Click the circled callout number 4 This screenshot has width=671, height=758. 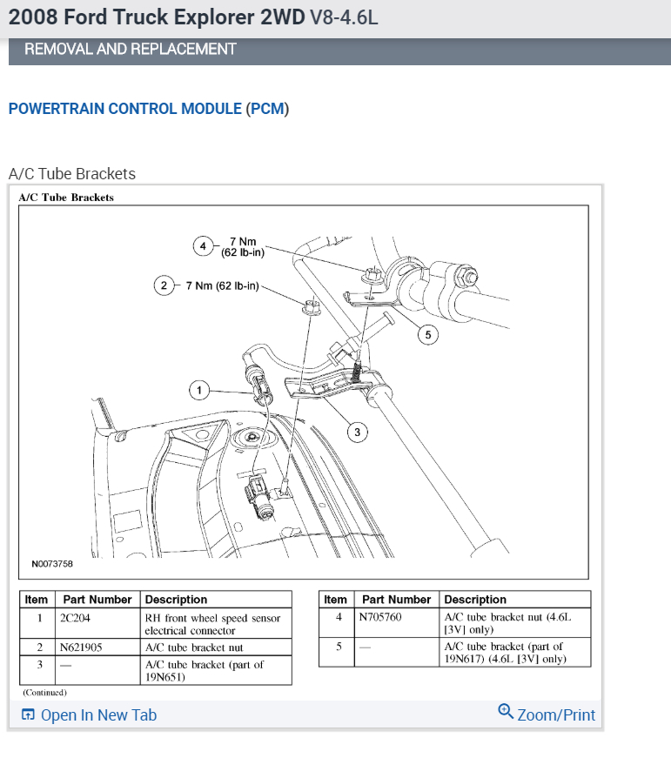click(x=203, y=246)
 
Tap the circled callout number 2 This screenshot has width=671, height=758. click(x=164, y=285)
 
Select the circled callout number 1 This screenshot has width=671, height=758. click(x=199, y=390)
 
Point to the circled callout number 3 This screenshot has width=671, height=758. click(x=356, y=431)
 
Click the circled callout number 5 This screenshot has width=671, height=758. click(x=427, y=333)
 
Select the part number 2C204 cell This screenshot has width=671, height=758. click(x=74, y=618)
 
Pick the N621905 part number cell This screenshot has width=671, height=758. click(x=82, y=647)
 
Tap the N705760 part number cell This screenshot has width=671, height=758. click(x=381, y=617)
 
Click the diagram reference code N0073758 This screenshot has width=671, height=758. click(x=52, y=564)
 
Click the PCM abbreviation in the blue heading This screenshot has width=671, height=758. click(x=267, y=109)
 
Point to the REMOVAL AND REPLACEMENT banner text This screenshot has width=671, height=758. click(x=130, y=50)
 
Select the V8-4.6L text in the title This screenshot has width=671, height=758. click(x=344, y=18)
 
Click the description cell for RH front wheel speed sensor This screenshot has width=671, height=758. click(x=212, y=624)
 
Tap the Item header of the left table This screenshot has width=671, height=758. click(x=37, y=600)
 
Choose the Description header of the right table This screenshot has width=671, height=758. click(x=475, y=600)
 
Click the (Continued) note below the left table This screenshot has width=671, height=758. click(x=44, y=693)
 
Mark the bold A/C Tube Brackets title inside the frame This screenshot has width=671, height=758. click(x=66, y=198)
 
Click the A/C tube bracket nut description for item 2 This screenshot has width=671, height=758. click(x=194, y=647)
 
